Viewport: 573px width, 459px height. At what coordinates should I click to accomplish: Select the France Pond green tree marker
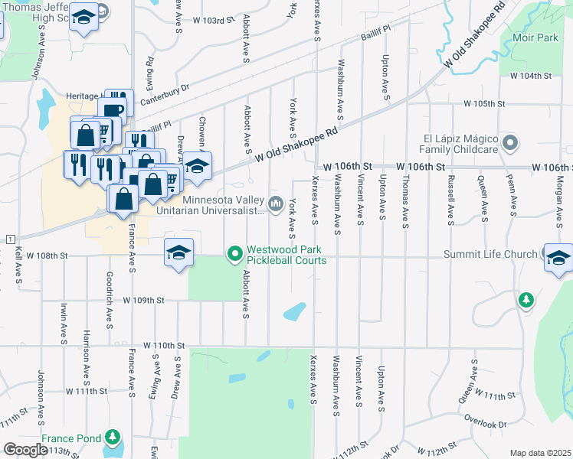(113, 438)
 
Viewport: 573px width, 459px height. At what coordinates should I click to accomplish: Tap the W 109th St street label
(143, 301)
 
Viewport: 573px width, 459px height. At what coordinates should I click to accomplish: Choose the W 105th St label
(484, 103)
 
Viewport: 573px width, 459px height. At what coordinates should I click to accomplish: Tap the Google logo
(25, 450)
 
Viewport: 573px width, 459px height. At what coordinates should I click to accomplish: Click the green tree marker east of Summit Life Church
(526, 299)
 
